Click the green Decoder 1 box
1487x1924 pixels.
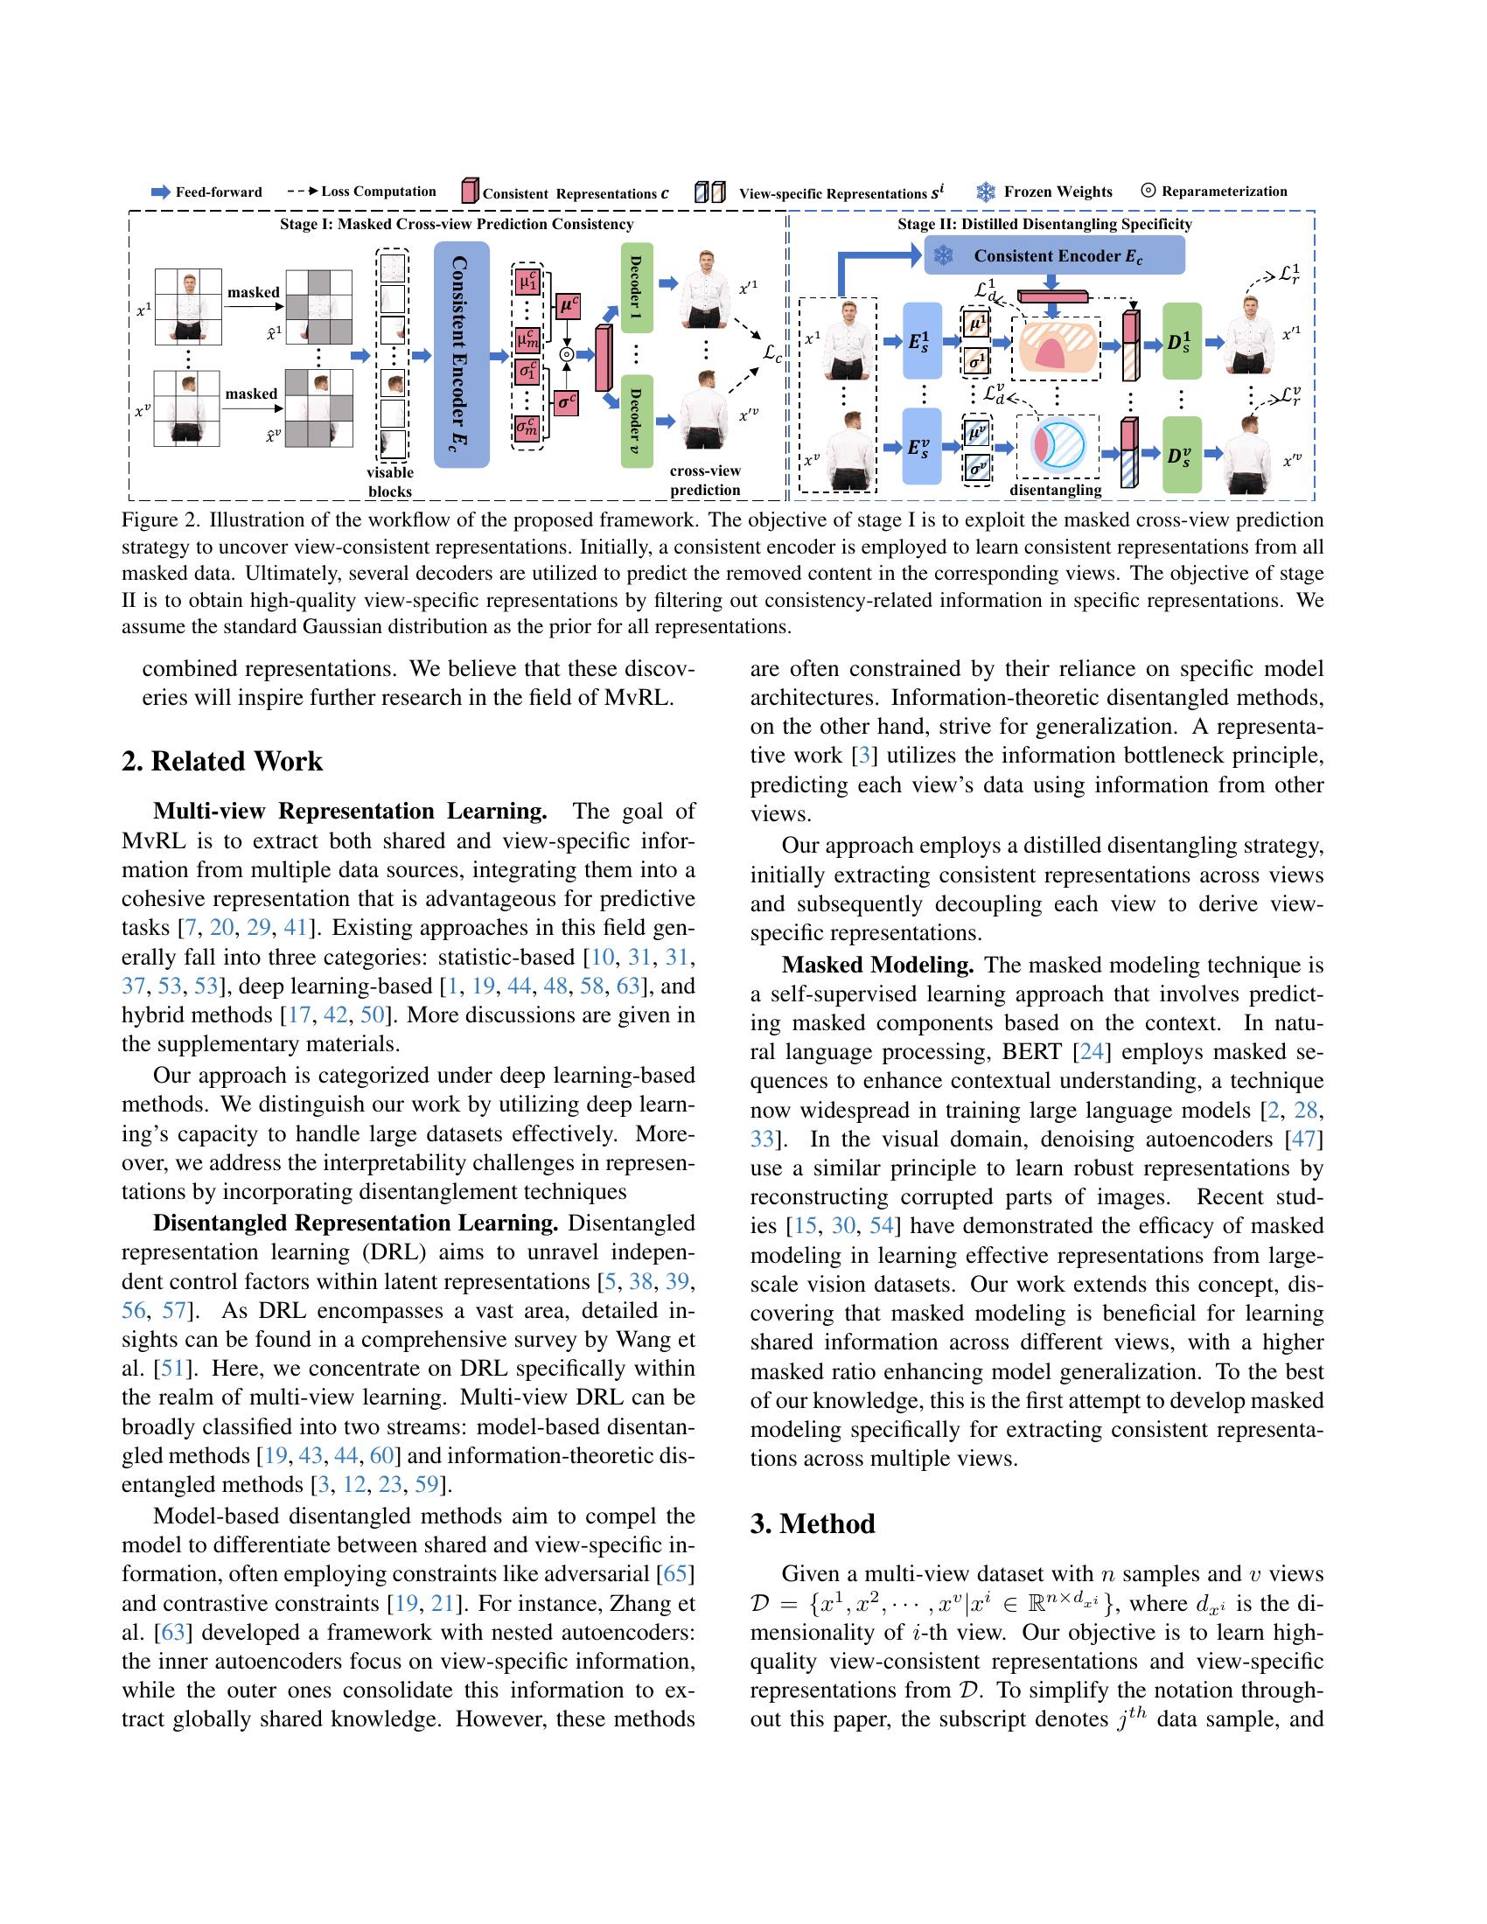click(x=636, y=287)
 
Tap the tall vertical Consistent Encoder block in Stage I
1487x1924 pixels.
click(x=462, y=354)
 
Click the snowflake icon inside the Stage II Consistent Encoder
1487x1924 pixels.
click(x=945, y=256)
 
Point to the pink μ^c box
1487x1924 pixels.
click(x=568, y=306)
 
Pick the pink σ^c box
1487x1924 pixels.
click(x=568, y=403)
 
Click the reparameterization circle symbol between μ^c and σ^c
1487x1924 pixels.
click(x=568, y=354)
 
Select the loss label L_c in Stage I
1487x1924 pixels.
click(x=772, y=354)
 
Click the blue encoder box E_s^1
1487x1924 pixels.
click(x=922, y=341)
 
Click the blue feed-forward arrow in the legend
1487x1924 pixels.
click(x=161, y=192)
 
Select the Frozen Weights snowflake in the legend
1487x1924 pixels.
click(x=985, y=192)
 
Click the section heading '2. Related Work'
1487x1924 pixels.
click(x=222, y=761)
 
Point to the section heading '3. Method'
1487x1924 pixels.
click(x=813, y=1523)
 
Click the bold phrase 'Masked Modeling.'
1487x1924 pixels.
click(x=877, y=965)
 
